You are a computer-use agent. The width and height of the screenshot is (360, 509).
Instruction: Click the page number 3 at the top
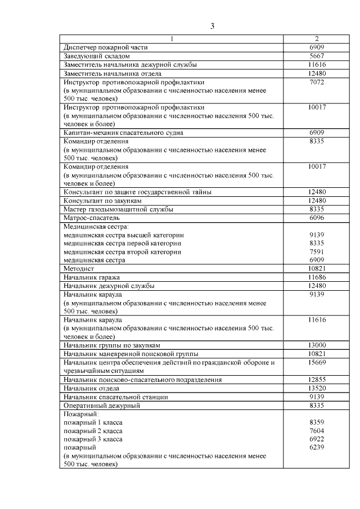point(212,26)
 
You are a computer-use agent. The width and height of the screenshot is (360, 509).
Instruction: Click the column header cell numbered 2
point(317,39)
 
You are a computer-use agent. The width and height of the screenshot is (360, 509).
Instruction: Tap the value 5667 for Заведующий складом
point(317,56)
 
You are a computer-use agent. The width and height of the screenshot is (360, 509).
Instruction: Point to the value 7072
point(317,82)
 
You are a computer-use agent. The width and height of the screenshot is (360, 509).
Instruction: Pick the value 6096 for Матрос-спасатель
point(317,218)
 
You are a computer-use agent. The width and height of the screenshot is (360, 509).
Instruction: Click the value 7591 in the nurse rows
point(317,252)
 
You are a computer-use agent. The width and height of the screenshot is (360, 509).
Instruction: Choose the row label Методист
point(78,269)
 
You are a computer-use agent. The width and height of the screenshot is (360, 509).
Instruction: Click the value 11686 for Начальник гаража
point(317,278)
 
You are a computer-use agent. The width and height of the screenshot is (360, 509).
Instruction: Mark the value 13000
point(317,345)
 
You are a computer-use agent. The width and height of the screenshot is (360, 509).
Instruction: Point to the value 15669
point(317,363)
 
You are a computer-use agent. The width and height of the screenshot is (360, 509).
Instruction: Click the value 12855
point(317,380)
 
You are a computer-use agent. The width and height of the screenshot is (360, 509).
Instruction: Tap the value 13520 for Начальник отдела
point(317,388)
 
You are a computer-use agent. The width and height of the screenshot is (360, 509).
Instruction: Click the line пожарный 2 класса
point(93,431)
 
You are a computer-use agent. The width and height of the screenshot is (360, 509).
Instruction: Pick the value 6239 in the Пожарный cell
point(317,448)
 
